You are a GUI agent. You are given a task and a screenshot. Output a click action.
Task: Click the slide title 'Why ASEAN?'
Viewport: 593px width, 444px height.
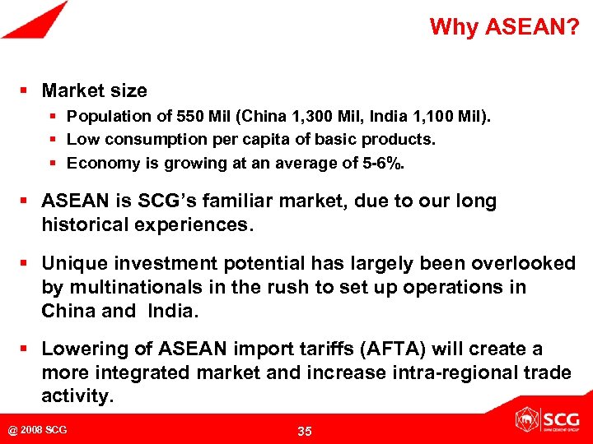pos(503,27)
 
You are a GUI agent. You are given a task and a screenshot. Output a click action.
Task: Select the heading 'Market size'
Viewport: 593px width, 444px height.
pos(95,90)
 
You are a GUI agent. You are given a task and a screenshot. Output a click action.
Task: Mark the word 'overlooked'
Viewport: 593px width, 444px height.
pos(526,264)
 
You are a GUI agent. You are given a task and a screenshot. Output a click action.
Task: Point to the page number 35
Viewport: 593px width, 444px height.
pos(304,431)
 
